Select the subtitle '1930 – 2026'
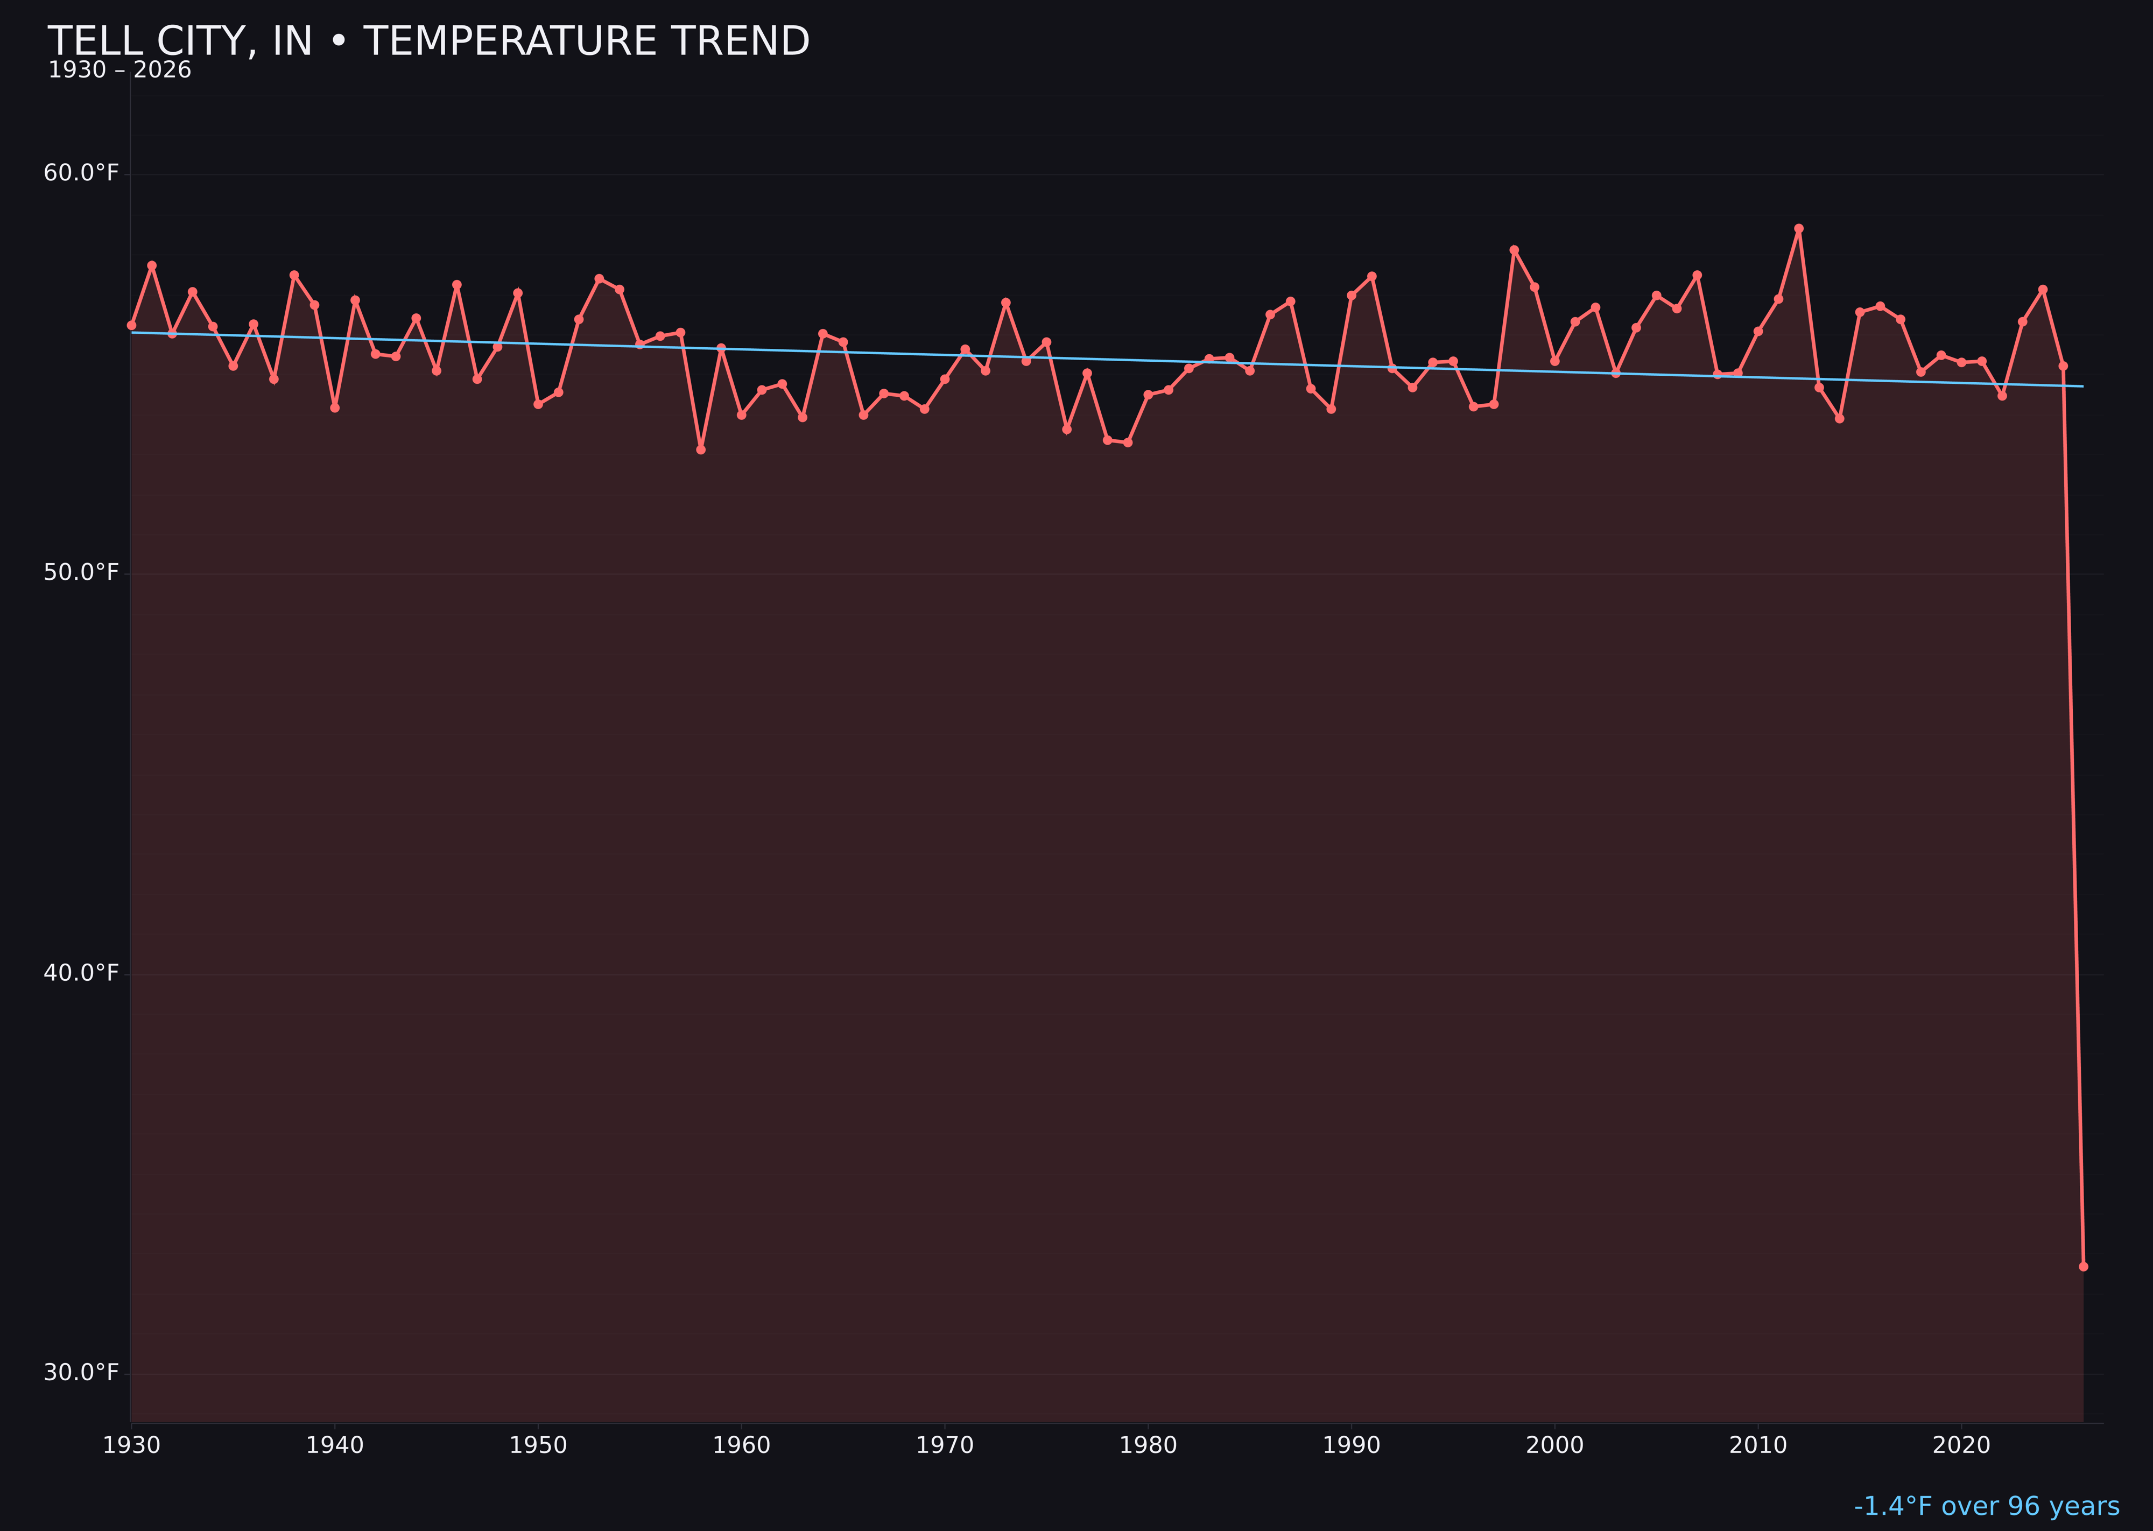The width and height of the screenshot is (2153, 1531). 119,71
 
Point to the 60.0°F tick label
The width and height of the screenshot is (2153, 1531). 81,173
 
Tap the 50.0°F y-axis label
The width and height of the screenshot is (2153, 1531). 81,573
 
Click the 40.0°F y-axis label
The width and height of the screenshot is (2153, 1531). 81,973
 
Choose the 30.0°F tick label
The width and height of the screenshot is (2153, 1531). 81,1373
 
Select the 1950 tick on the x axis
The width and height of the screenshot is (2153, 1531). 538,1445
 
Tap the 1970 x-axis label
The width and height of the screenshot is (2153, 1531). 945,1445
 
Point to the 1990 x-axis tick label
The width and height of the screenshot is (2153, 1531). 1352,1445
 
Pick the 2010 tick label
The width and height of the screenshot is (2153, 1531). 1758,1445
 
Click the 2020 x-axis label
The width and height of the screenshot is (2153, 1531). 1961,1445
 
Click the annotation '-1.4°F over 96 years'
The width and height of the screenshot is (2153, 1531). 1986,1506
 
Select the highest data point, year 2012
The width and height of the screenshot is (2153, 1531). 1799,228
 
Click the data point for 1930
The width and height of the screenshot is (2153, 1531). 131,325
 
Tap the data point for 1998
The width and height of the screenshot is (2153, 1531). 1514,250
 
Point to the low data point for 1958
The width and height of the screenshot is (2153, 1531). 700,450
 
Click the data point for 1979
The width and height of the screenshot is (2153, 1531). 1128,442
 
